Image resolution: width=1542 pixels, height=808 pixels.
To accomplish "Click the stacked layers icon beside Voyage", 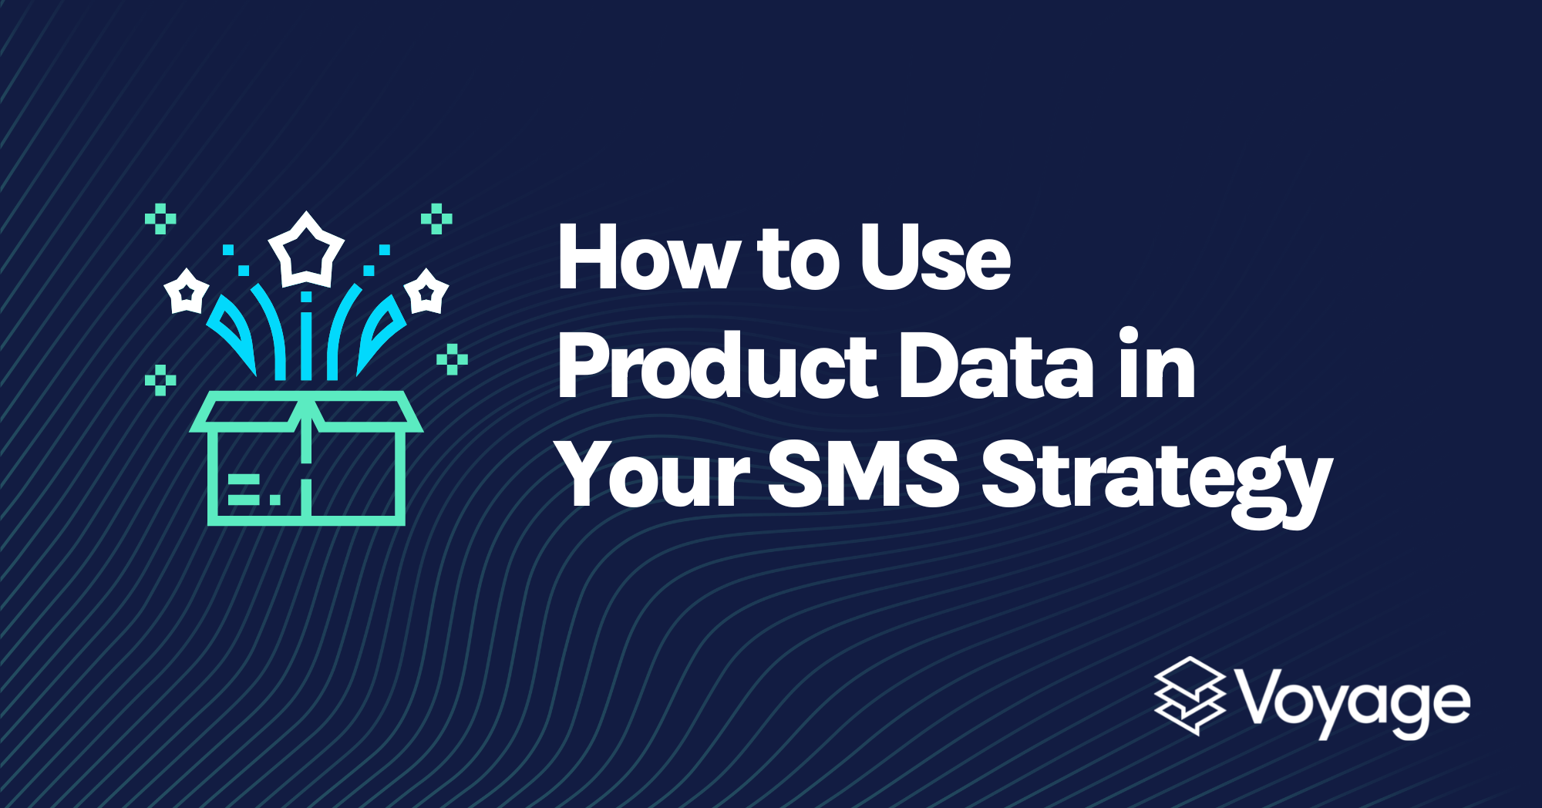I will [x=1190, y=696].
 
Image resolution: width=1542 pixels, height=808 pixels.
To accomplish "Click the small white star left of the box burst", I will [x=186, y=291].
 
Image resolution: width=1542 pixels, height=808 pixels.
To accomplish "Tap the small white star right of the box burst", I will [x=426, y=291].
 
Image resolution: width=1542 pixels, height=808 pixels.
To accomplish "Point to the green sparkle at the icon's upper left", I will [x=160, y=219].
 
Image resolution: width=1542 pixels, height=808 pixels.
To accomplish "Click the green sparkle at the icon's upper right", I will [x=436, y=219].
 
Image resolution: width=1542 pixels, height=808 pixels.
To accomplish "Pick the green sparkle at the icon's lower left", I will [x=160, y=380].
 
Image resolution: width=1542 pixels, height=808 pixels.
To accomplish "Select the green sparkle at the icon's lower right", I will [x=452, y=359].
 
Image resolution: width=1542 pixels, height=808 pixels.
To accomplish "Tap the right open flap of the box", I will [x=367, y=412].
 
